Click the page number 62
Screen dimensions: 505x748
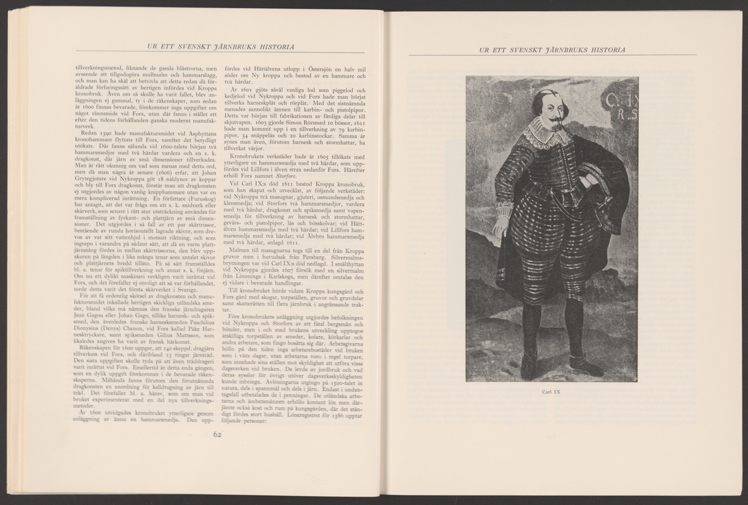pyautogui.click(x=217, y=435)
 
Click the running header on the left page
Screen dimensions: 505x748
pyautogui.click(x=218, y=49)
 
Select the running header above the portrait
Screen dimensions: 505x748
pyautogui.click(x=549, y=49)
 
